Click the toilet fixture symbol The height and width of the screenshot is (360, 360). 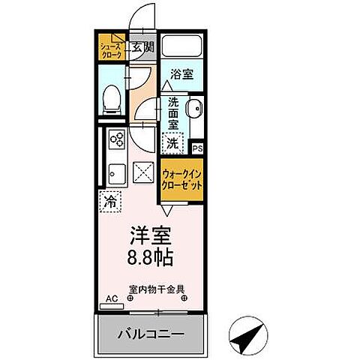(110, 97)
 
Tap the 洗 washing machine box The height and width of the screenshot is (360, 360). (172, 141)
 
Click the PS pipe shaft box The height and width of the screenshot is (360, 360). (197, 148)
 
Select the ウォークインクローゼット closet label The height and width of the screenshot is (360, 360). (181, 181)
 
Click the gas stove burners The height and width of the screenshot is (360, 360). (116, 140)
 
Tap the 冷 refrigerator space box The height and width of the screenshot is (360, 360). (109, 200)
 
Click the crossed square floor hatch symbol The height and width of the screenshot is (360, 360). (142, 172)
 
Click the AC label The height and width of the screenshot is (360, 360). (111, 298)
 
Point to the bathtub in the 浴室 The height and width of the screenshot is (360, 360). (181, 46)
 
